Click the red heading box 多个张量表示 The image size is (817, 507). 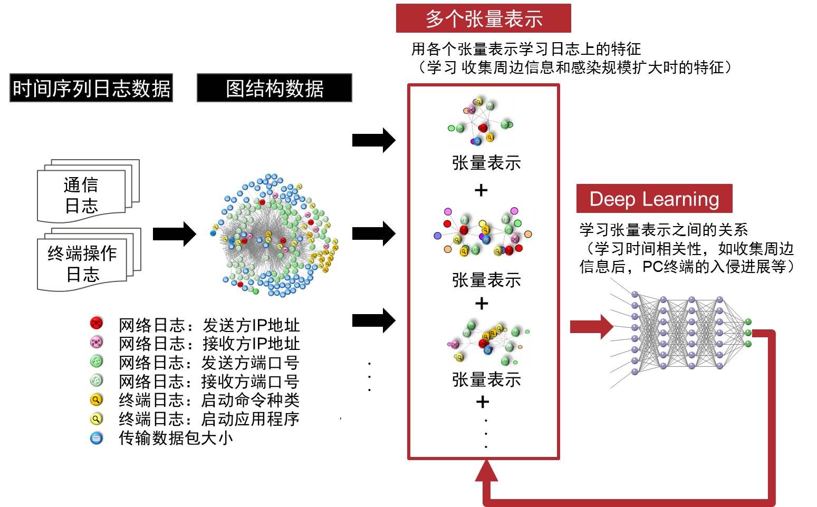point(483,18)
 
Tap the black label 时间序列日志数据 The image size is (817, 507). point(91,88)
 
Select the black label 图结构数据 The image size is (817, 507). point(274,88)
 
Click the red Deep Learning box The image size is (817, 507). point(655,198)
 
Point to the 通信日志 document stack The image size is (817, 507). point(88,191)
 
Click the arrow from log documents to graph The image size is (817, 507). point(175,233)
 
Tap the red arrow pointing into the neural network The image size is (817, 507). point(591,327)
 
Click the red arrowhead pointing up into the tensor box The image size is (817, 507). point(486,471)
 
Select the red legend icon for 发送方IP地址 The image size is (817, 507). point(97,323)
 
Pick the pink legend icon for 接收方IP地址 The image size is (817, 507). point(97,342)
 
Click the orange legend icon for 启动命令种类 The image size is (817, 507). point(97,400)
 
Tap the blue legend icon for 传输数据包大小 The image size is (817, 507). point(97,438)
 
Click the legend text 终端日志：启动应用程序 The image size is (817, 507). point(209,419)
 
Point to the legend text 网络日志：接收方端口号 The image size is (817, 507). point(209,381)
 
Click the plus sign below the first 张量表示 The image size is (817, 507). point(481,190)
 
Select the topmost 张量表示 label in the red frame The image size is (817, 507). point(486,162)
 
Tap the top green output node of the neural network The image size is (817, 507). point(748,321)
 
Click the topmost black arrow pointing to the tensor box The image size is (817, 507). point(374,140)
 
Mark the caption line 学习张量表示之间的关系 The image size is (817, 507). point(664,230)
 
